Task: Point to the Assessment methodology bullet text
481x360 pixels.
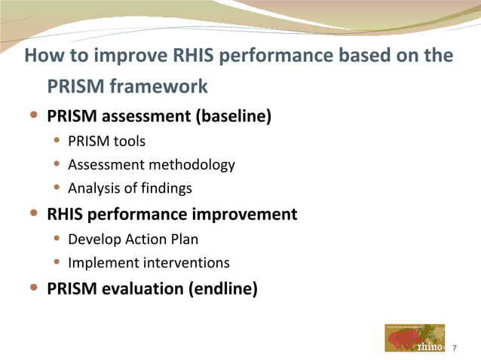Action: (151, 165)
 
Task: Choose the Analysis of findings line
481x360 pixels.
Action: (130, 188)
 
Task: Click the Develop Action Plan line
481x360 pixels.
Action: (123, 239)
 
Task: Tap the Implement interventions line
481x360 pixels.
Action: (149, 263)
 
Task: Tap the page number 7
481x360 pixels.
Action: (455, 347)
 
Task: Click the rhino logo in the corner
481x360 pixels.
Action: (414, 338)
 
